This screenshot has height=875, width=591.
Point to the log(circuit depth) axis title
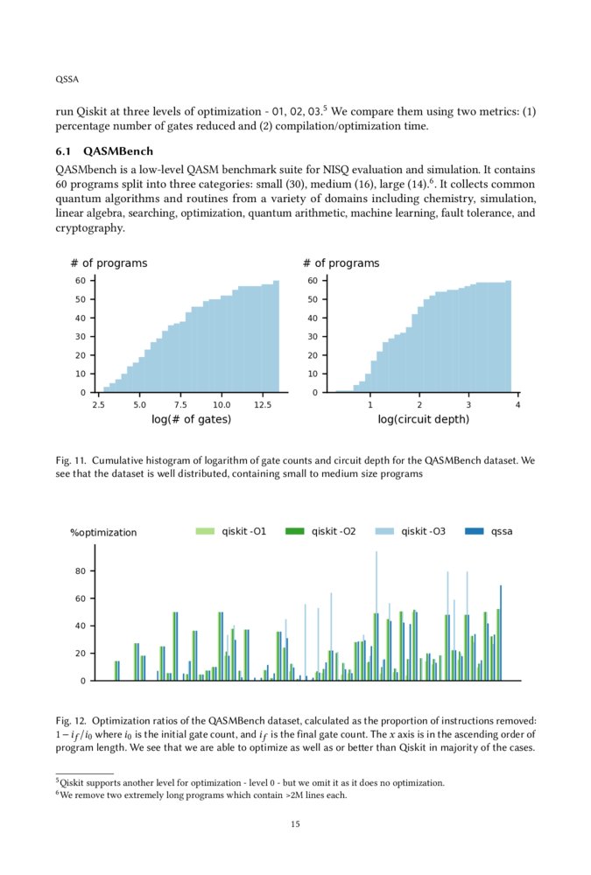423,420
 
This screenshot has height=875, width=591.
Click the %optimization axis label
103,532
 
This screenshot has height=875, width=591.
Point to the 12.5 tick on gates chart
263,405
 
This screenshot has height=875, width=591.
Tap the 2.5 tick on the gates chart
98,405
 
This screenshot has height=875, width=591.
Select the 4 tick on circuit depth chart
517,405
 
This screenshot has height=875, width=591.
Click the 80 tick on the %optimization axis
80,571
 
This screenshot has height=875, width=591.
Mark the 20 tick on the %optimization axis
80,654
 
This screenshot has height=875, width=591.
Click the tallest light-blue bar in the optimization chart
376,612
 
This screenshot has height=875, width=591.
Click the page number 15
295,823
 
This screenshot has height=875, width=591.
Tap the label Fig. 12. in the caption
70,719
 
